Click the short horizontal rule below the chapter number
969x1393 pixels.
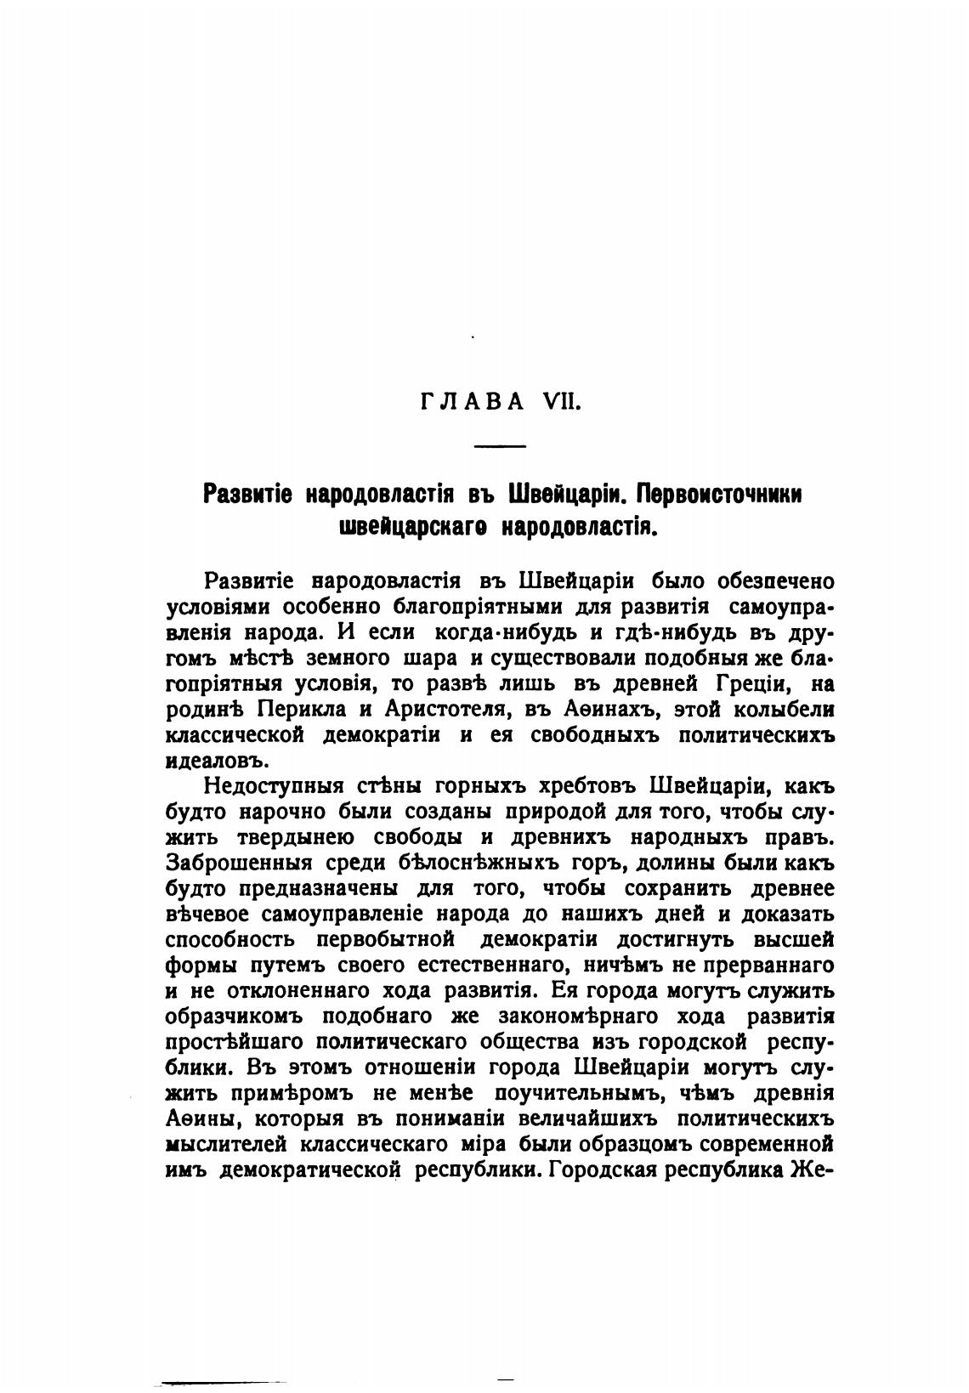tap(500, 446)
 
